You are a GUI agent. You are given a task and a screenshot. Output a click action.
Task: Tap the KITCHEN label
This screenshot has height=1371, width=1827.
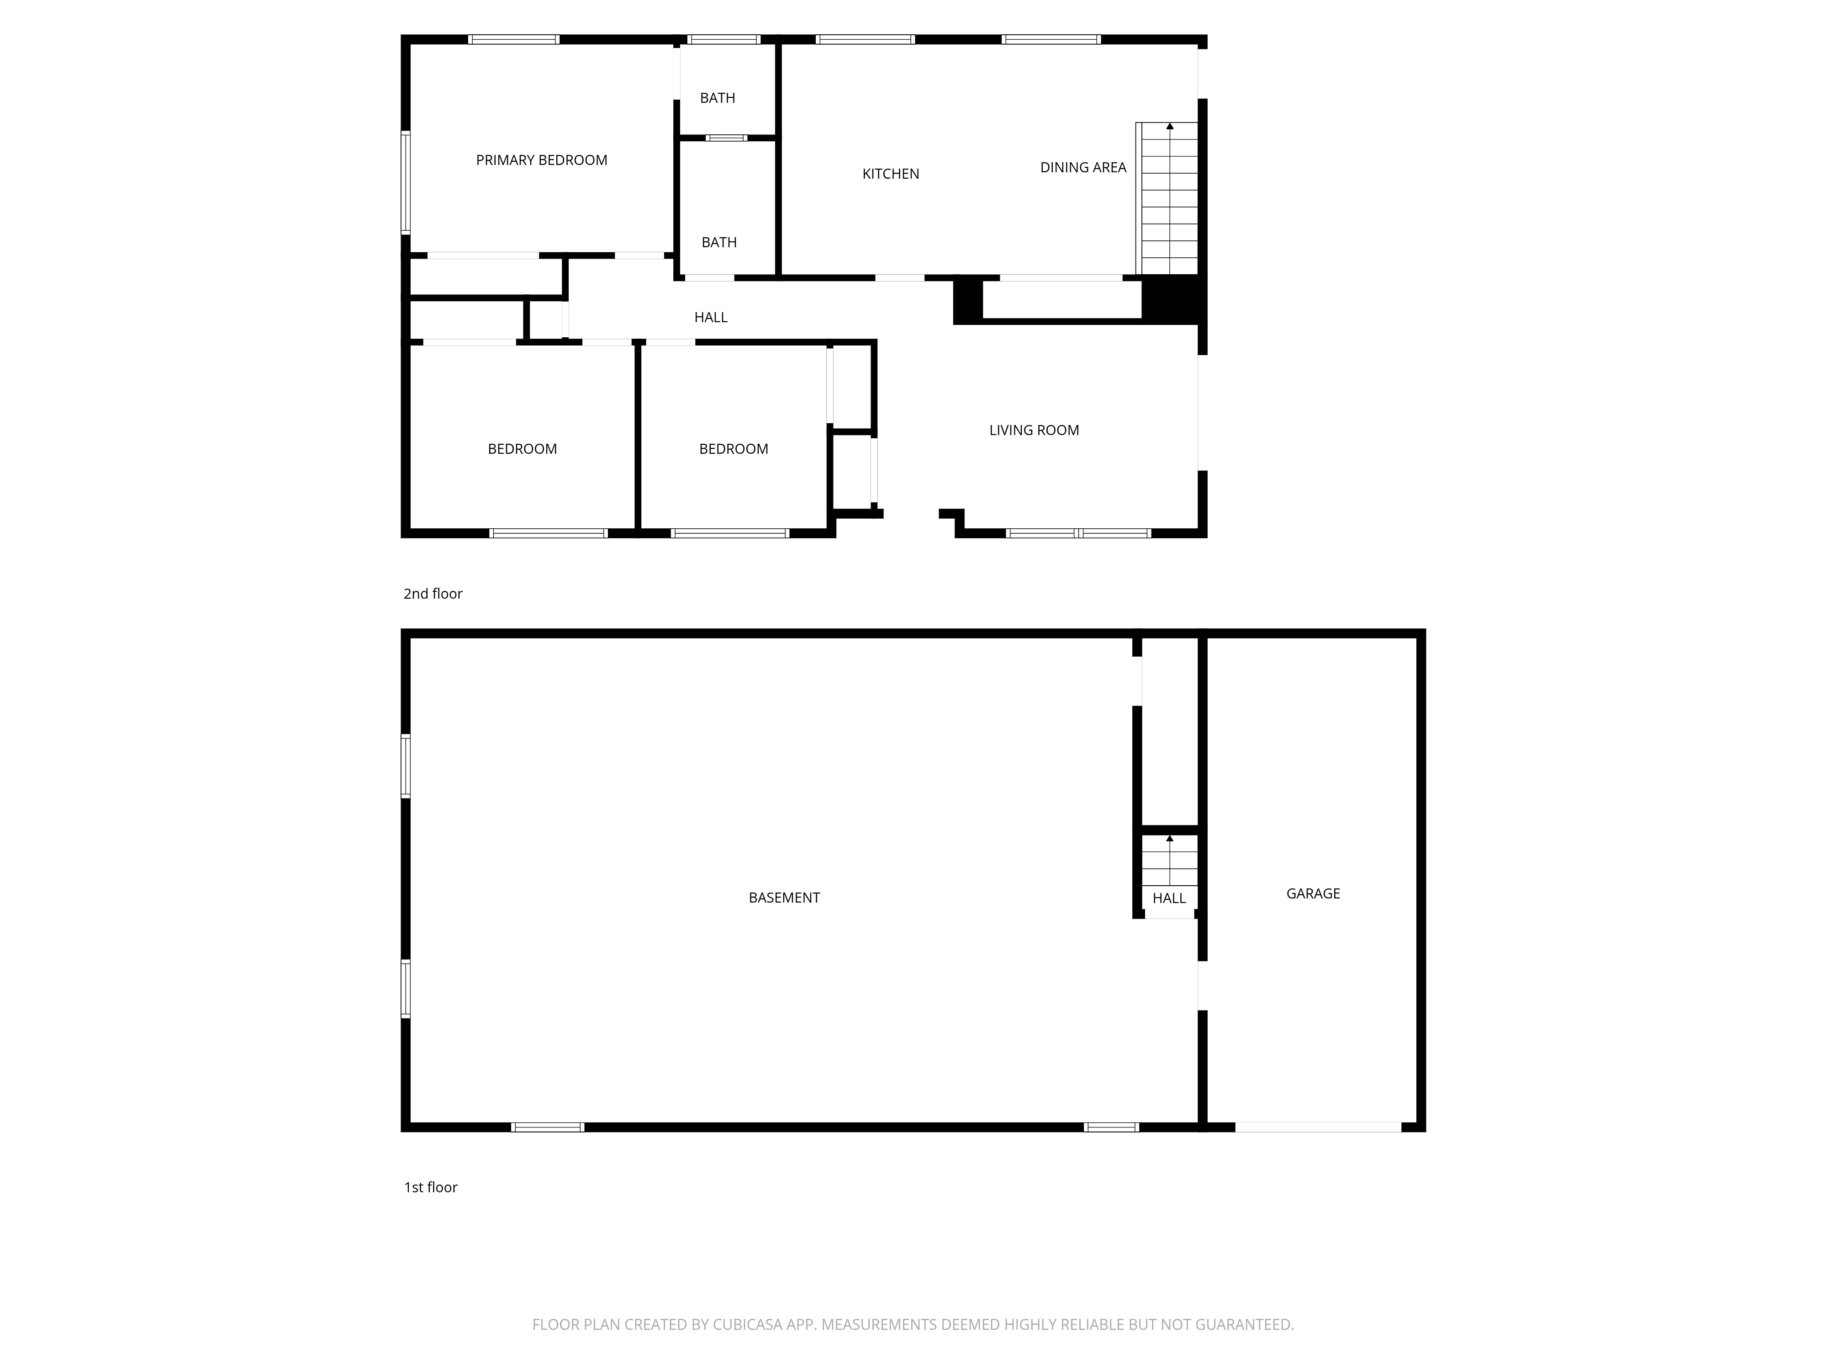click(890, 174)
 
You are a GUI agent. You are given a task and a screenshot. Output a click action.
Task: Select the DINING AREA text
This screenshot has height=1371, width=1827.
click(1083, 168)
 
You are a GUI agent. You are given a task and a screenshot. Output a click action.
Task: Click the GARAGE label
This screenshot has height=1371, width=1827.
click(1312, 893)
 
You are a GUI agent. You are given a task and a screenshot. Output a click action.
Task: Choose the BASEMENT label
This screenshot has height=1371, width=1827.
click(784, 898)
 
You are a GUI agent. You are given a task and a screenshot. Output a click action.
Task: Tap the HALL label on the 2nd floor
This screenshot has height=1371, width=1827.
click(710, 317)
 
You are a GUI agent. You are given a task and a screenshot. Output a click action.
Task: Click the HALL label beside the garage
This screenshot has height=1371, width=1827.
click(1169, 898)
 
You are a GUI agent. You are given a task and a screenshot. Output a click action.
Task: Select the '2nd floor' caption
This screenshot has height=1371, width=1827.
click(433, 593)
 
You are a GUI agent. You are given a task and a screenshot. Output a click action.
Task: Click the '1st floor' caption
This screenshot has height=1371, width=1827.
click(430, 1187)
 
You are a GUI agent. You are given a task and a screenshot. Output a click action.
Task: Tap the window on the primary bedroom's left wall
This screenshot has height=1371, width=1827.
click(406, 183)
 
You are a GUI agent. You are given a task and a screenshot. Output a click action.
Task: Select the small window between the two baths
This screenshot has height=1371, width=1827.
click(726, 138)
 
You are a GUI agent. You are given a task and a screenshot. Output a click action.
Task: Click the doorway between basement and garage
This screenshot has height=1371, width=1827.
click(1203, 985)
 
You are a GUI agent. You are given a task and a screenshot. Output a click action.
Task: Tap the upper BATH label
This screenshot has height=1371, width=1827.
click(717, 98)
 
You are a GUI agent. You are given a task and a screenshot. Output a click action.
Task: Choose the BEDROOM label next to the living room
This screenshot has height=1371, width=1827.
click(734, 449)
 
